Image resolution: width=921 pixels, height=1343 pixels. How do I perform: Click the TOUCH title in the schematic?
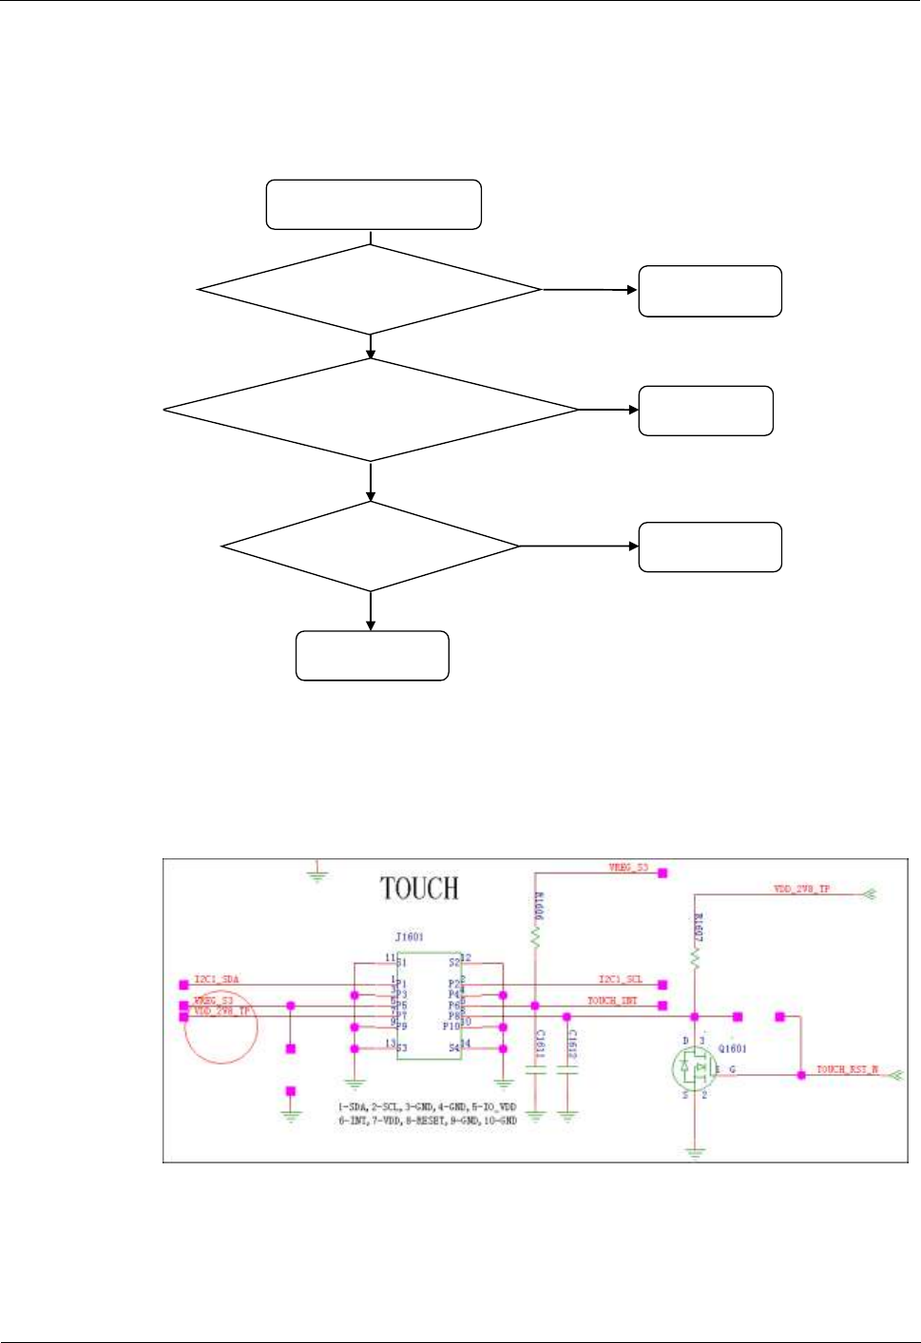tap(419, 889)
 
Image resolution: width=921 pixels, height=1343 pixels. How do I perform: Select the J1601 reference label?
tap(410, 937)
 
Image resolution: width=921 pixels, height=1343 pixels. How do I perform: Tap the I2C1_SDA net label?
tap(217, 979)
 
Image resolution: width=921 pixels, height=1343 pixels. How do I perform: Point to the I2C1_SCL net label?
tap(620, 979)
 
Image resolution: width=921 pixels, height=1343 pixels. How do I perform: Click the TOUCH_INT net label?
tap(612, 1001)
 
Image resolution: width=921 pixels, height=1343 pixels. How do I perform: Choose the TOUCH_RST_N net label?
tap(847, 1069)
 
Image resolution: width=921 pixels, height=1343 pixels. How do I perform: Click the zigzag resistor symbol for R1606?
tap(536, 938)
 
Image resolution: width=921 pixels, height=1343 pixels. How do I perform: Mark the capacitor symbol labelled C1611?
tap(536, 1068)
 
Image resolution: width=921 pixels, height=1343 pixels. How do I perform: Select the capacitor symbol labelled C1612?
tap(567, 1068)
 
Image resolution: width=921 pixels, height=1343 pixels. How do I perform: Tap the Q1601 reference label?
tap(732, 1049)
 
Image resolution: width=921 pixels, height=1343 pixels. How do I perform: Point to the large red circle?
tap(221, 1027)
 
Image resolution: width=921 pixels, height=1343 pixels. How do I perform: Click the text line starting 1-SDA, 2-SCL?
tap(427, 1107)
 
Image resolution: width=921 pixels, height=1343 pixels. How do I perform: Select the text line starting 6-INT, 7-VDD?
tap(427, 1121)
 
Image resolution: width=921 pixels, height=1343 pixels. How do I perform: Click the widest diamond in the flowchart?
tap(371, 410)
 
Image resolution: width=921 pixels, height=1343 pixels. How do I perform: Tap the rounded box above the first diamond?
tap(374, 204)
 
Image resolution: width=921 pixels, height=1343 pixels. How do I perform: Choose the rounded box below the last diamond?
tap(372, 656)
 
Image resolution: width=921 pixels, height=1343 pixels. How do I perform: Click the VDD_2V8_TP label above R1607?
tap(801, 889)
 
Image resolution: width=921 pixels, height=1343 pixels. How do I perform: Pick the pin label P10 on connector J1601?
tap(451, 1026)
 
